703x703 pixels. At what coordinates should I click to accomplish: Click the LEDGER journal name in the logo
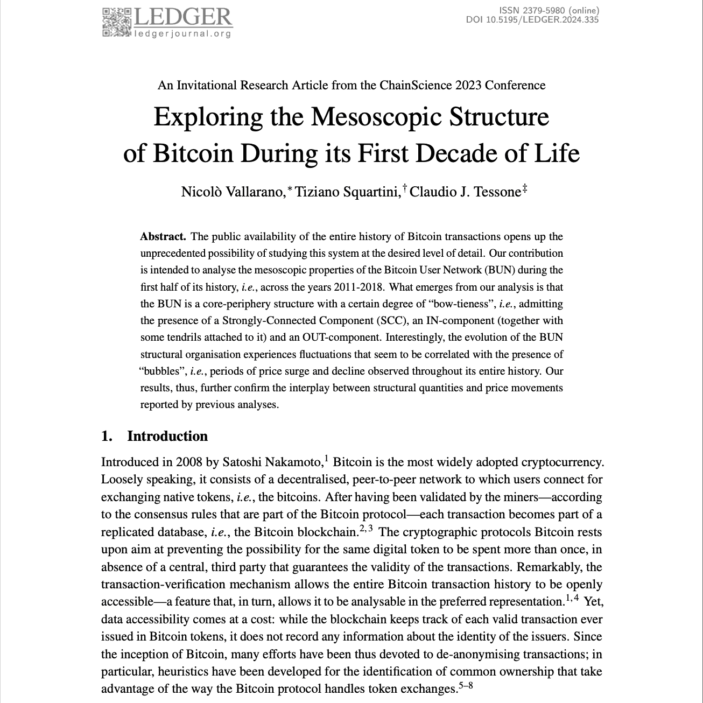(182, 17)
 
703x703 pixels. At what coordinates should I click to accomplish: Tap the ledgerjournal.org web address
(182, 34)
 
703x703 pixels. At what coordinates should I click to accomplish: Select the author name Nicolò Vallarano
(232, 192)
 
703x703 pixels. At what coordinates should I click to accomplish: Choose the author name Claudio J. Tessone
(465, 192)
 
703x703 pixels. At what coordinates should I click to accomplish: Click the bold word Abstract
(163, 236)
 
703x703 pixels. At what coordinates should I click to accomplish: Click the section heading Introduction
(167, 436)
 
